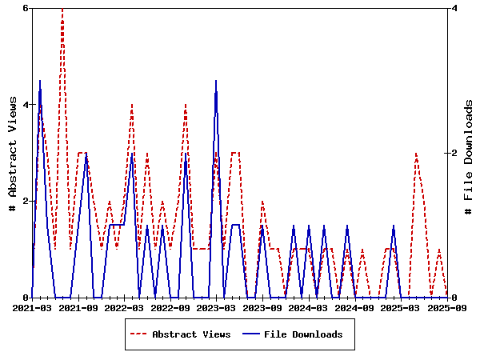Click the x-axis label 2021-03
click(32, 306)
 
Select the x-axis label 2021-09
click(78, 306)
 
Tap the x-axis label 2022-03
click(125, 306)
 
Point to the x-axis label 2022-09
click(170, 306)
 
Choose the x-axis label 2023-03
click(217, 306)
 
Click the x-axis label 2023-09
click(263, 306)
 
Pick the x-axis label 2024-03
click(309, 306)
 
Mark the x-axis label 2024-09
click(355, 306)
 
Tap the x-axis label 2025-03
click(402, 306)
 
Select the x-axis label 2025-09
click(447, 306)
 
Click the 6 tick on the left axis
click(26, 8)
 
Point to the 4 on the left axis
click(26, 105)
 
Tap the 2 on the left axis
click(26, 201)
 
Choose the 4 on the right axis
click(454, 8)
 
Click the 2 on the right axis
click(454, 153)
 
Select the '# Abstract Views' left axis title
click(12, 153)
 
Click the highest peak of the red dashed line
click(62, 9)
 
